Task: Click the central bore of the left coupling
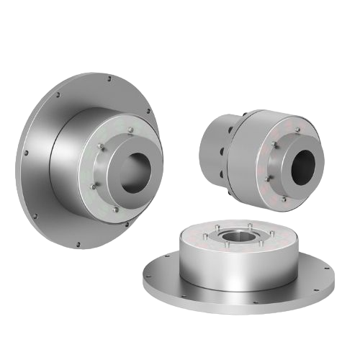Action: pos(132,176)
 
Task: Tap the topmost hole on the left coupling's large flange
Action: pos(108,80)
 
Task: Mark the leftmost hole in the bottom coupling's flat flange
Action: pos(149,271)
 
